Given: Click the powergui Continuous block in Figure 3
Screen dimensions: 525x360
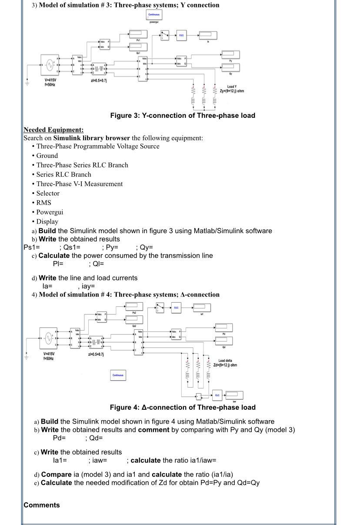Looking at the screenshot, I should (x=154, y=14).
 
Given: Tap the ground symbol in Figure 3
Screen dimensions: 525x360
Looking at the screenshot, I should (x=27, y=82).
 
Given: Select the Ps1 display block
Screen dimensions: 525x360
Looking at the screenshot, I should (x=138, y=34).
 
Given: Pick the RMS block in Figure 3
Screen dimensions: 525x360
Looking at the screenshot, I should (x=181, y=35).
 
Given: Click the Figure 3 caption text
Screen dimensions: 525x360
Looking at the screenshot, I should (x=183, y=116).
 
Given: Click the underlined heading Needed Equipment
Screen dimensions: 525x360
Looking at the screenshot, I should (x=53, y=130).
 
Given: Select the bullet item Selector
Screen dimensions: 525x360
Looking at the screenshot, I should (x=48, y=193).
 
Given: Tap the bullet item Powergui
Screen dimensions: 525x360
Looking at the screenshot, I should (x=50, y=212).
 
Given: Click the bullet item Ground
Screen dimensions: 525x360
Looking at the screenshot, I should (x=47, y=156).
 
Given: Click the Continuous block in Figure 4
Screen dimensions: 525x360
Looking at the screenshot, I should (x=118, y=375).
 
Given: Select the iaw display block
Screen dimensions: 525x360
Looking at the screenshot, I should (x=234, y=395).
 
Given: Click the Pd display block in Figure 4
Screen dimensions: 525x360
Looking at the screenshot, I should (x=224, y=327).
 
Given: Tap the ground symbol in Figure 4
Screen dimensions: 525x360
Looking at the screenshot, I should (x=26, y=356).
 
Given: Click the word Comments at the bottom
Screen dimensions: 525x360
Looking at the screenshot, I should (x=42, y=505).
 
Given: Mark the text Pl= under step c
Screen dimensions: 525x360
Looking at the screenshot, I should (x=58, y=264).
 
